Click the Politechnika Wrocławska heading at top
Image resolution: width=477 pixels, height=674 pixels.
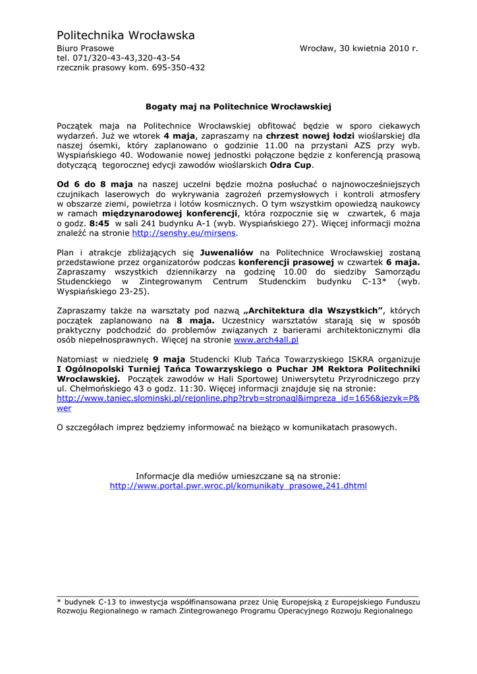click(x=125, y=35)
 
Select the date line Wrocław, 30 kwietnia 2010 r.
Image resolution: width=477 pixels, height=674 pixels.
click(x=358, y=49)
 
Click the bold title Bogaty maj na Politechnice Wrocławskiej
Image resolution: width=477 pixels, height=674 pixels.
click(x=238, y=106)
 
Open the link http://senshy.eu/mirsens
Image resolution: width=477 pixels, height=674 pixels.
click(x=184, y=233)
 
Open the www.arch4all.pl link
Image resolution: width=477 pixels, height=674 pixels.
click(x=266, y=340)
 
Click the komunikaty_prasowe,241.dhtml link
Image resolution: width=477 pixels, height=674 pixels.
click(x=238, y=486)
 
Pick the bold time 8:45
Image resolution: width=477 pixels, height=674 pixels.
click(x=99, y=223)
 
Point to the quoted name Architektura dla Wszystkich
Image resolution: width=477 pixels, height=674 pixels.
click(x=313, y=311)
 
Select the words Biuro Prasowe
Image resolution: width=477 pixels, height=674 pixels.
click(x=85, y=49)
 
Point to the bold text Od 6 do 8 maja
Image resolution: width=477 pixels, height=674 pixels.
click(x=95, y=184)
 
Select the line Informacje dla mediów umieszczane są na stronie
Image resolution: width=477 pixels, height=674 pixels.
click(x=238, y=476)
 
